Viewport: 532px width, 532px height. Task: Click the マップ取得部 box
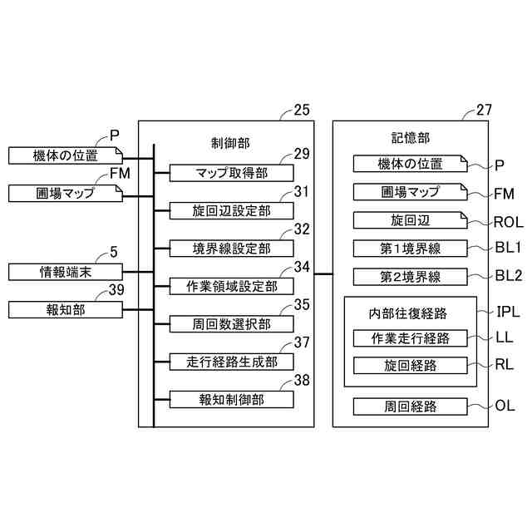231,173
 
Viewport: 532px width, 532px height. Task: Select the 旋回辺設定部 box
231,210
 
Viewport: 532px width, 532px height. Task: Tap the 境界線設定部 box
231,249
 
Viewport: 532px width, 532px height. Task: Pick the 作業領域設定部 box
231,286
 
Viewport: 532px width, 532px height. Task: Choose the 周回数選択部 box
231,324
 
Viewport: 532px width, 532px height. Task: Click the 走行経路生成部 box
231,362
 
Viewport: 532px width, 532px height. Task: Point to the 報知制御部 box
231,399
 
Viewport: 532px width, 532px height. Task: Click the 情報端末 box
66,272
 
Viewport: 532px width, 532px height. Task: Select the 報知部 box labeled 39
66,310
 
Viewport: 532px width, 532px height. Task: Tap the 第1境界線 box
410,249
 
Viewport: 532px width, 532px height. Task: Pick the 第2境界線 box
410,277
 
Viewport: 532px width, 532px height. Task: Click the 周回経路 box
410,406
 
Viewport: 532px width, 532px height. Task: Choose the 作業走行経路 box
410,338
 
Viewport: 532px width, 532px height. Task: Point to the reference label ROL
508,222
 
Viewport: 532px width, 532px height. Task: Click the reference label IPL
508,312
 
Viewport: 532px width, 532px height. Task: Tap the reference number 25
302,110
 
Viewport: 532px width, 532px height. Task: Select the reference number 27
484,110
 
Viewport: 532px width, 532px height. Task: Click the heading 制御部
230,143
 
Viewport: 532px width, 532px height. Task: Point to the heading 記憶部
411,138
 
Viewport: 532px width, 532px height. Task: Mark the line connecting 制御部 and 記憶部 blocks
323,273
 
